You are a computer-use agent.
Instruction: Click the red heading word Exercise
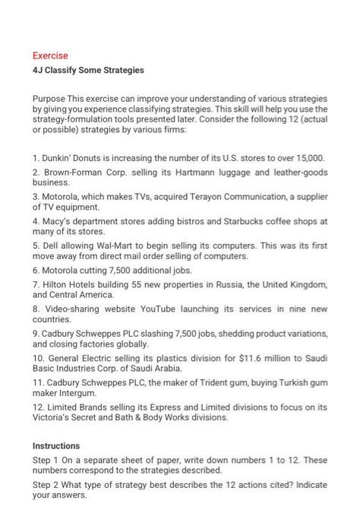pos(50,55)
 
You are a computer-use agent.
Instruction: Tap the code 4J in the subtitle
pos(38,71)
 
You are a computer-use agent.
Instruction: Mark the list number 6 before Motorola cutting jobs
pos(36,270)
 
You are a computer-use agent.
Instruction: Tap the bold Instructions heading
pos(56,445)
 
